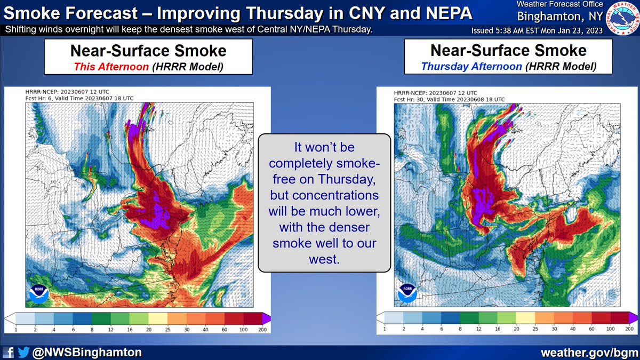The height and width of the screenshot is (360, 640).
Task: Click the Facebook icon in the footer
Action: pos(8,352)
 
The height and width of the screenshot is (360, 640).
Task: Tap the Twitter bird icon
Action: pos(23,352)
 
